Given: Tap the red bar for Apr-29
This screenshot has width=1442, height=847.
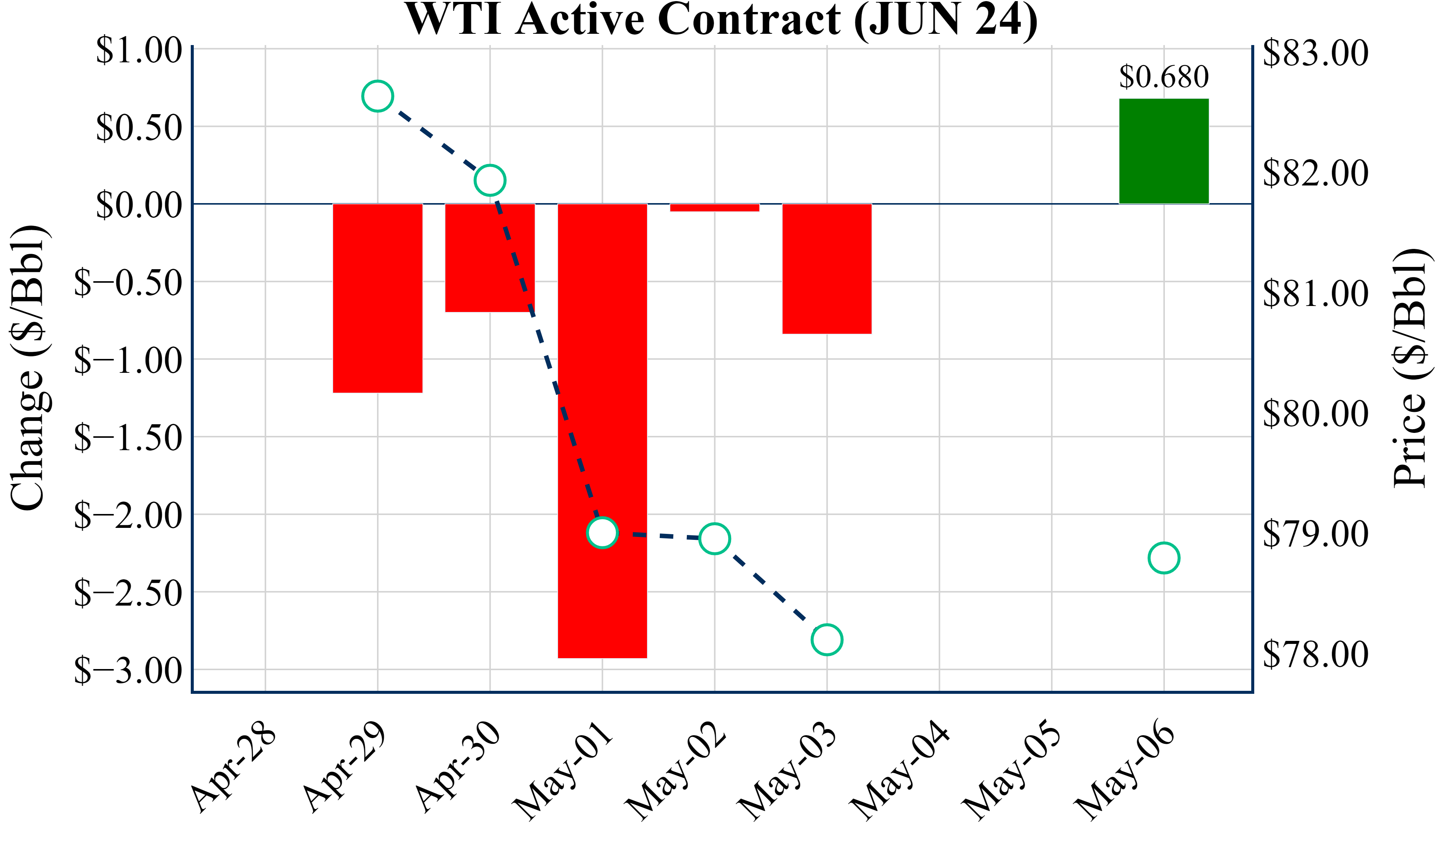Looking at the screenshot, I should (x=378, y=298).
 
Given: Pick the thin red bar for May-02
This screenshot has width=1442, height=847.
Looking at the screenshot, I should (x=714, y=208).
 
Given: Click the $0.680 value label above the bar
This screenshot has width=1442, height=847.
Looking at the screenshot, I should (x=1163, y=77).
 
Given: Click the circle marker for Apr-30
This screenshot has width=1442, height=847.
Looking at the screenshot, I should (x=490, y=180).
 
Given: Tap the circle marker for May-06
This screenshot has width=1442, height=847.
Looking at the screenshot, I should (x=1163, y=558).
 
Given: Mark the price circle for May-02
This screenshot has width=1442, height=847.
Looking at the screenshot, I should (x=714, y=538).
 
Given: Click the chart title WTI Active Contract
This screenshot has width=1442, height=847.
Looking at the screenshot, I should (x=721, y=20).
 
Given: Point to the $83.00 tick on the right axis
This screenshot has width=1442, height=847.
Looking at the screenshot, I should (x=1315, y=53).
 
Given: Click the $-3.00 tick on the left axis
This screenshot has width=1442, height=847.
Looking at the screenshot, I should (x=128, y=671).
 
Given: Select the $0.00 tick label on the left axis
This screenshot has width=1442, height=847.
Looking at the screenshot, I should (x=139, y=205).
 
